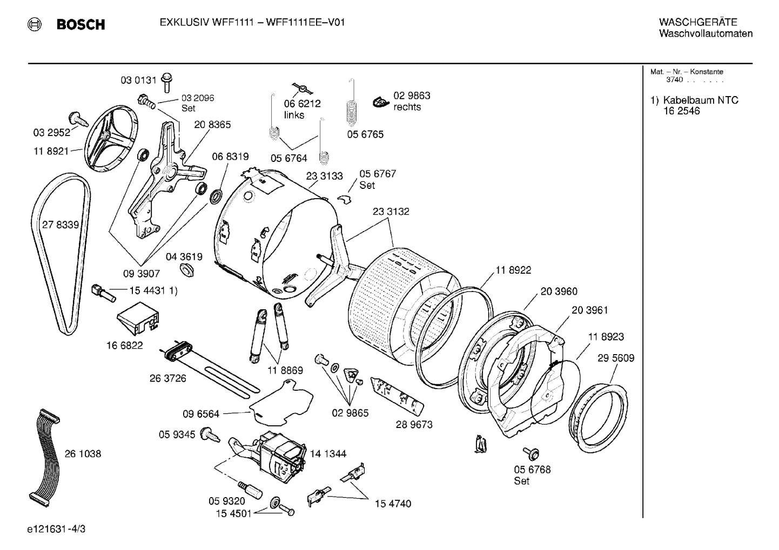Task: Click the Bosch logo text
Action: (80, 25)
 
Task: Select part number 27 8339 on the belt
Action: (61, 225)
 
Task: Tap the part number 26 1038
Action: (83, 454)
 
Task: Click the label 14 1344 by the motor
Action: (328, 454)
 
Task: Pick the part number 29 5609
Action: (615, 358)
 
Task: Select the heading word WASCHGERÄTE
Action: (698, 22)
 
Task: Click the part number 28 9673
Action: (414, 425)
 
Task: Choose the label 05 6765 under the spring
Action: (365, 134)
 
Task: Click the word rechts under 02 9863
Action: (407, 107)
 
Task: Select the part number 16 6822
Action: (124, 345)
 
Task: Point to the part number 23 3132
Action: (391, 212)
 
